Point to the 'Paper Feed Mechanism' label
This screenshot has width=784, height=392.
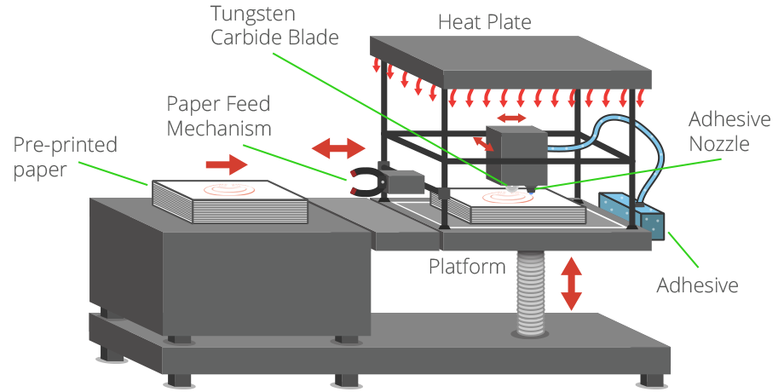pos(218,117)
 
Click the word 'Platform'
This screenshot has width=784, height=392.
pos(466,267)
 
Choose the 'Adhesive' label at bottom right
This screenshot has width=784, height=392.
pos(696,285)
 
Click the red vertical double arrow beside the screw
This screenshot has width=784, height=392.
pos(571,283)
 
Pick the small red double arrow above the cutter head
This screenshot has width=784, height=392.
pos(511,116)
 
